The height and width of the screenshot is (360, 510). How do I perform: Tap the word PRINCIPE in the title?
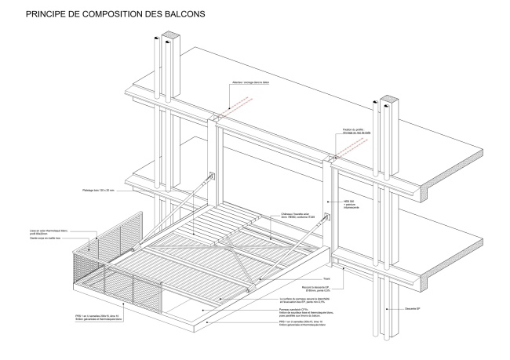(x=49, y=14)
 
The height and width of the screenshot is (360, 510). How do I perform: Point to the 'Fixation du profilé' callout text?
(x=355, y=130)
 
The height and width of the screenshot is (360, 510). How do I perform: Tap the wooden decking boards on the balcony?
(x=228, y=227)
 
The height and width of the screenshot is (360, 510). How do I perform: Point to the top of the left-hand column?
(x=167, y=37)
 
